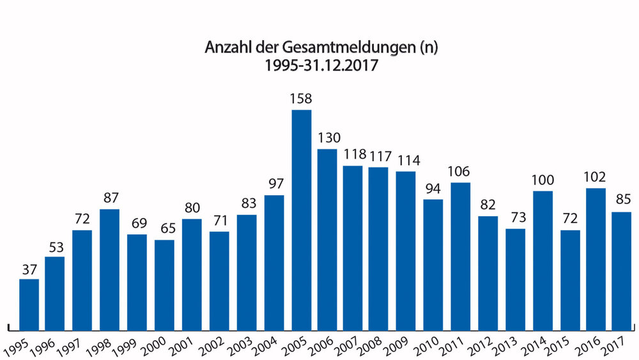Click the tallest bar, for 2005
pyautogui.click(x=302, y=217)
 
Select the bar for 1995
pyautogui.click(x=29, y=302)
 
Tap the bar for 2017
pyautogui.click(x=621, y=269)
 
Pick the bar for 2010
pyautogui.click(x=433, y=262)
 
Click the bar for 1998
pyautogui.click(x=110, y=267)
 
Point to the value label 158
pyautogui.click(x=302, y=99)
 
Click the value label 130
pyautogui.click(x=328, y=138)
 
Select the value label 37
pyautogui.click(x=29, y=269)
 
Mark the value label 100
pyautogui.click(x=542, y=180)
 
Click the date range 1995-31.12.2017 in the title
pyautogui.click(x=319, y=65)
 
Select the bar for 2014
pyautogui.click(x=542, y=258)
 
